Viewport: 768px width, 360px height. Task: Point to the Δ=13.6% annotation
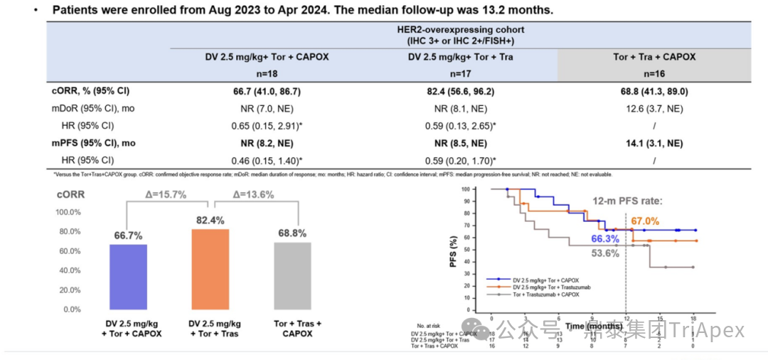click(x=254, y=194)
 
